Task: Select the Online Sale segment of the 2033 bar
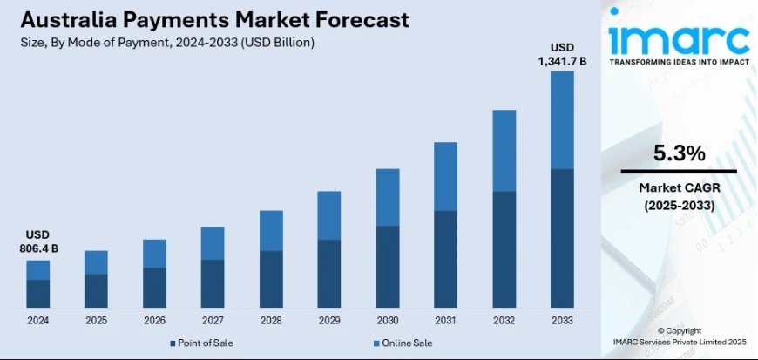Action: pyautogui.click(x=562, y=119)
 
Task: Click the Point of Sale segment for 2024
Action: pyautogui.click(x=37, y=293)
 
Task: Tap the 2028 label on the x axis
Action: pyautogui.click(x=271, y=320)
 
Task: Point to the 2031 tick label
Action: pyautogui.click(x=445, y=320)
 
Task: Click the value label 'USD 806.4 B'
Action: pyautogui.click(x=38, y=242)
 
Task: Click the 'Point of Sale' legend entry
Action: pyautogui.click(x=202, y=343)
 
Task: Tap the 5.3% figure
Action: pyautogui.click(x=679, y=154)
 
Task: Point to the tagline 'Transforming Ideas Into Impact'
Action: pyautogui.click(x=679, y=63)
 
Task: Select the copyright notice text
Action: pyautogui.click(x=679, y=337)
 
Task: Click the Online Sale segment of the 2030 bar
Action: pyautogui.click(x=387, y=197)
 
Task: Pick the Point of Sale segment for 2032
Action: pyautogui.click(x=504, y=248)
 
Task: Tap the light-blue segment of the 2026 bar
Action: pyautogui.click(x=154, y=254)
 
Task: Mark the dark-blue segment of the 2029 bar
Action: pyautogui.click(x=328, y=273)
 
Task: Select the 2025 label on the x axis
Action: pyautogui.click(x=96, y=320)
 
